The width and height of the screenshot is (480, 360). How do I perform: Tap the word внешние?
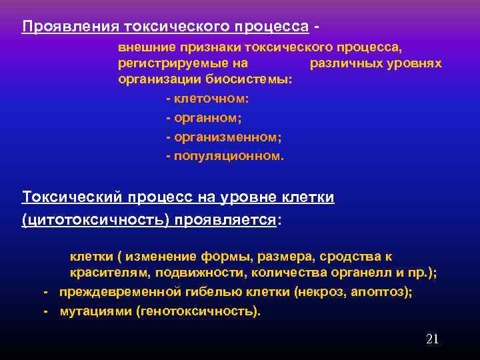(x=145, y=48)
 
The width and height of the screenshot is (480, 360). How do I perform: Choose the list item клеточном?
(x=211, y=99)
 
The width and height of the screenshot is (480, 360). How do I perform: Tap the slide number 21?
(x=432, y=339)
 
